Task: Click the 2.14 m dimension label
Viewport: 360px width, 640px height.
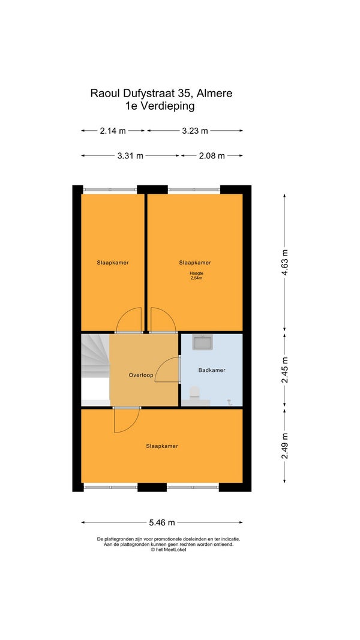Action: point(113,131)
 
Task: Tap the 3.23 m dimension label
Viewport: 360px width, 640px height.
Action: point(194,131)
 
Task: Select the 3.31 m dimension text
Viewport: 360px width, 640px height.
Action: point(130,155)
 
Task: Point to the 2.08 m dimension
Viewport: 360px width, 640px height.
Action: point(212,155)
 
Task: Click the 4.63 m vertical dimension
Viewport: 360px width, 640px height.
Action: point(284,262)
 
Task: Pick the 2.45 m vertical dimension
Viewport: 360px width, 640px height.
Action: point(284,370)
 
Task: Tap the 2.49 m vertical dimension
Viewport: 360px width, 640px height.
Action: point(284,446)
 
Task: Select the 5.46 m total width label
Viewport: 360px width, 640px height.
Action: point(161,522)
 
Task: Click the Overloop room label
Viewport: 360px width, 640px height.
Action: point(141,375)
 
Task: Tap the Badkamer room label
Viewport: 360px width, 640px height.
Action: point(212,370)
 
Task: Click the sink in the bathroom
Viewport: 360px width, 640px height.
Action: point(203,342)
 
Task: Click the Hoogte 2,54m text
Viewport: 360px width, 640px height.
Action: point(196,275)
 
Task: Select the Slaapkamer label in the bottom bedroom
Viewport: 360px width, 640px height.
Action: point(162,446)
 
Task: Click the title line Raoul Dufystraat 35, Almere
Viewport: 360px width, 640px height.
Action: point(161,94)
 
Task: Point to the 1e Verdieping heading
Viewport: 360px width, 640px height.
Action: point(160,107)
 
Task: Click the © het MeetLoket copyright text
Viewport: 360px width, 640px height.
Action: point(168,549)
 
